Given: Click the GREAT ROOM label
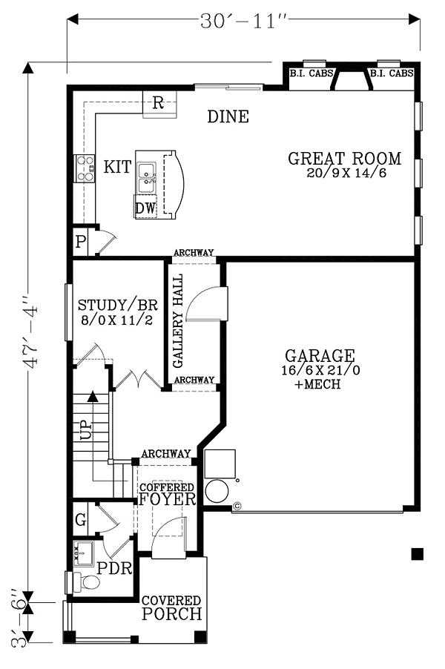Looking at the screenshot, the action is click(x=345, y=158).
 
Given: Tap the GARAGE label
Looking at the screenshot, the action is click(x=320, y=355).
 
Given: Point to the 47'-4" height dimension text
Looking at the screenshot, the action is click(x=32, y=330).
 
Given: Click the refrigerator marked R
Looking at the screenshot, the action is click(x=159, y=104).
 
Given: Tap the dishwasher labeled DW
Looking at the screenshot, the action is click(x=145, y=208).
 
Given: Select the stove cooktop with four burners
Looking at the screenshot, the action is click(x=85, y=168).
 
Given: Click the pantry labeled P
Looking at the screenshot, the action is click(x=80, y=243).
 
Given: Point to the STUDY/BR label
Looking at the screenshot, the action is click(x=118, y=305).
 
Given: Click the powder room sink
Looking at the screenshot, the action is click(x=83, y=553).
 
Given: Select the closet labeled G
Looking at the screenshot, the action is click(x=81, y=519).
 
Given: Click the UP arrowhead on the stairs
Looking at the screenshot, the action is click(x=92, y=397).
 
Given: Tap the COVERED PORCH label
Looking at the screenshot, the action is click(x=171, y=607).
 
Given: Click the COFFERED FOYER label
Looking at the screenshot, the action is click(x=168, y=494).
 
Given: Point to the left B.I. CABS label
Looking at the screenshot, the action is click(x=311, y=73).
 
